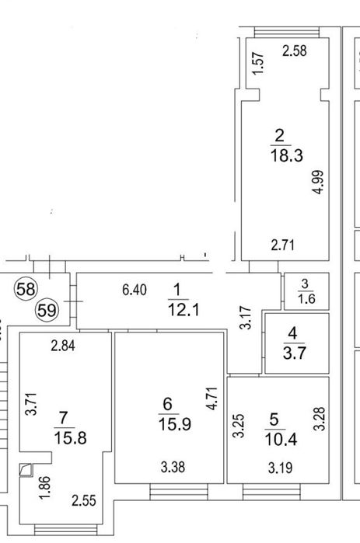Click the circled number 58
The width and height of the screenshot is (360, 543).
pos(26,289)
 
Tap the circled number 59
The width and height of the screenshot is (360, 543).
pos(47,310)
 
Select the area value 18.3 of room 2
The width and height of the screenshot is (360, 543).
pos(287,155)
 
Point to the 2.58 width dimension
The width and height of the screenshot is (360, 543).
pos(295,50)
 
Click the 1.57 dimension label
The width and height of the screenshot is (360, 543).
pos(258,63)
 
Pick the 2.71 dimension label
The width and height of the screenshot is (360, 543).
pos(283,245)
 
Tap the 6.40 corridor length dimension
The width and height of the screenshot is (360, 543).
pos(135,290)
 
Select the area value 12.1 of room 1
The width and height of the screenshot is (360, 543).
pos(183,309)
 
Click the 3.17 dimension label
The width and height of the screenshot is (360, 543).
pos(246,317)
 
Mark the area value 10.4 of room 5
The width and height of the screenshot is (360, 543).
pos(281,440)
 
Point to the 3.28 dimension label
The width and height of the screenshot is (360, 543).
pos(320,419)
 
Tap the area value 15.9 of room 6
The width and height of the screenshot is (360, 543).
pos(175,424)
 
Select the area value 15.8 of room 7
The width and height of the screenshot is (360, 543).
pos(70,437)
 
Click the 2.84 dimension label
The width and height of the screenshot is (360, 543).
pos(63,346)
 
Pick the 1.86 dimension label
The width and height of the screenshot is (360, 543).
pos(45,488)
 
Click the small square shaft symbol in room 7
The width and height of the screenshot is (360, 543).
pos(26,470)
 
